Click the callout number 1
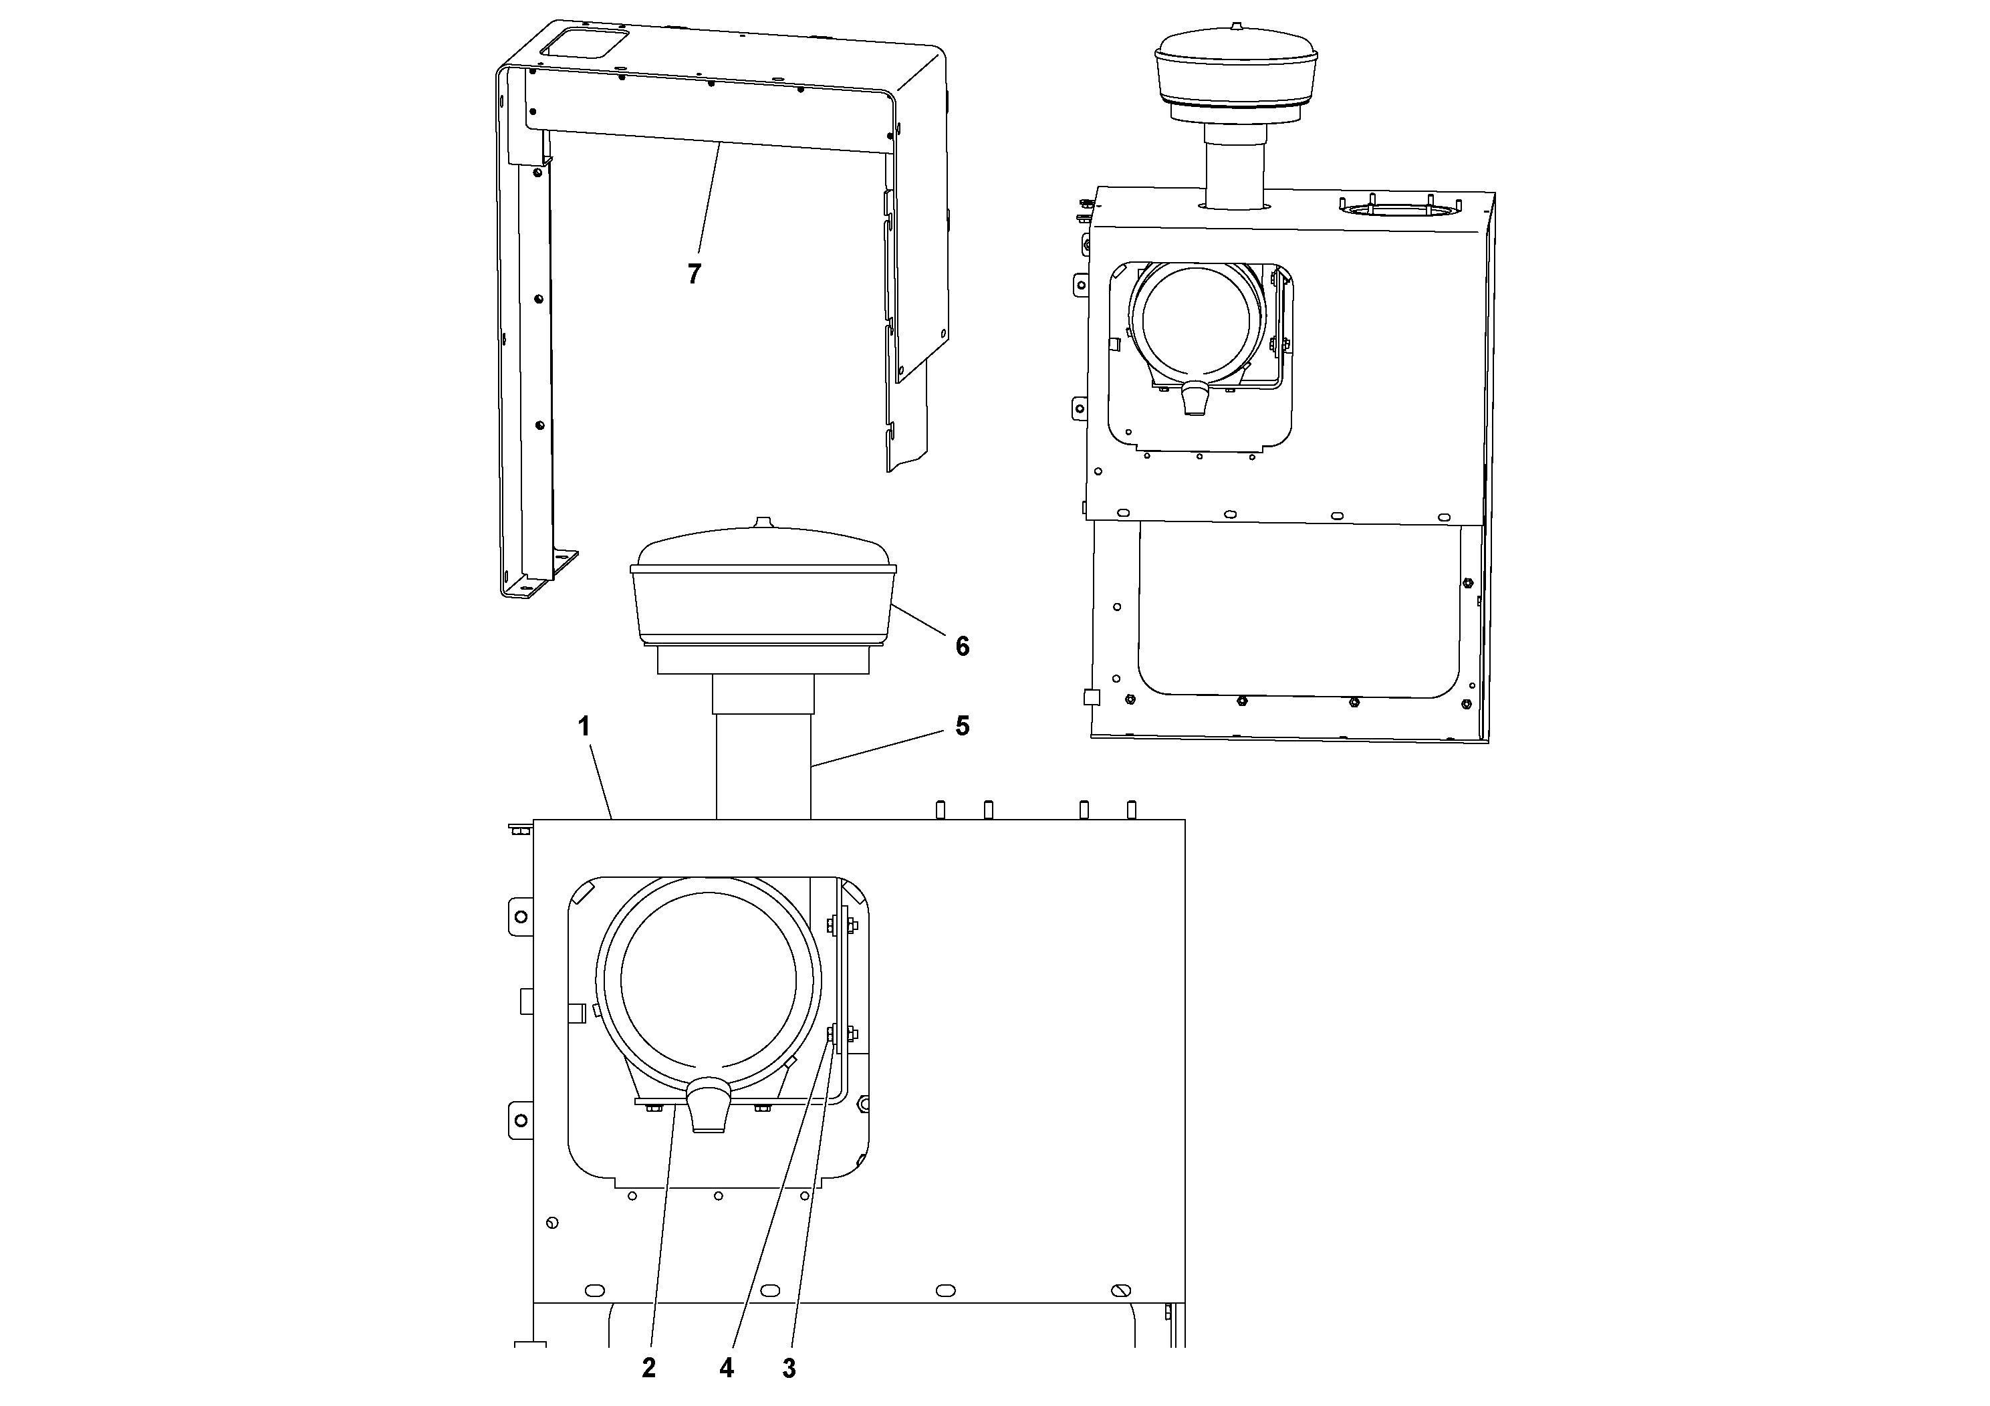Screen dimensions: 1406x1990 click(x=584, y=727)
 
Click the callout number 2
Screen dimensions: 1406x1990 click(x=648, y=1368)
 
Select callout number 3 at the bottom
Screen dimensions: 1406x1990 click(x=789, y=1369)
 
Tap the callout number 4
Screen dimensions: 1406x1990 click(x=727, y=1368)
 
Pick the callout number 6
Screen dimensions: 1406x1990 click(x=962, y=646)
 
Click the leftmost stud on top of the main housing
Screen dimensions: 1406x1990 click(x=940, y=810)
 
